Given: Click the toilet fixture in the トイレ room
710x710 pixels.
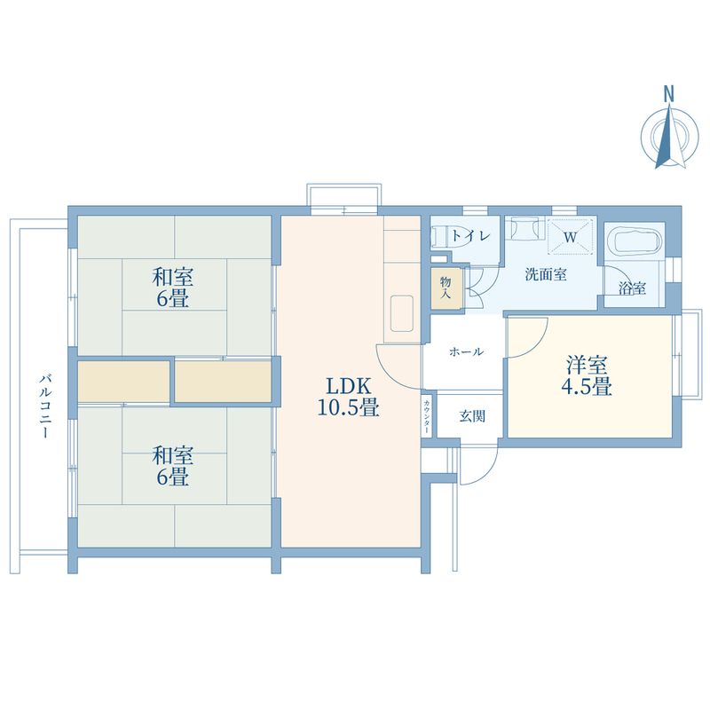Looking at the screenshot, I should pos(441,237).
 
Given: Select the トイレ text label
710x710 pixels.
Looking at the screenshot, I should pos(467,236).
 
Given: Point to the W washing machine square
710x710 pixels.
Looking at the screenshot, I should pos(569,237).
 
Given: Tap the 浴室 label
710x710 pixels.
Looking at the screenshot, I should pos(632,289).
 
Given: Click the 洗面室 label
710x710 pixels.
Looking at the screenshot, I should pos(545,274).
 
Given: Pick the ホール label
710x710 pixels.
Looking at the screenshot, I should pos(466,351).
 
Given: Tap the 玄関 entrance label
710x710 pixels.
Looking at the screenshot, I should pos(471,415).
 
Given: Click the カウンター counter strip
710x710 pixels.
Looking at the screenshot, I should pos(427,415).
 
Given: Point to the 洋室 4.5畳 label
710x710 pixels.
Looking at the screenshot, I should pos(588,375).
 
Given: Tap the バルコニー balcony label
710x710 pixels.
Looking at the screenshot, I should pos(43,407).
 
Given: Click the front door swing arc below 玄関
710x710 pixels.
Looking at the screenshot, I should pos(475,468).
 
